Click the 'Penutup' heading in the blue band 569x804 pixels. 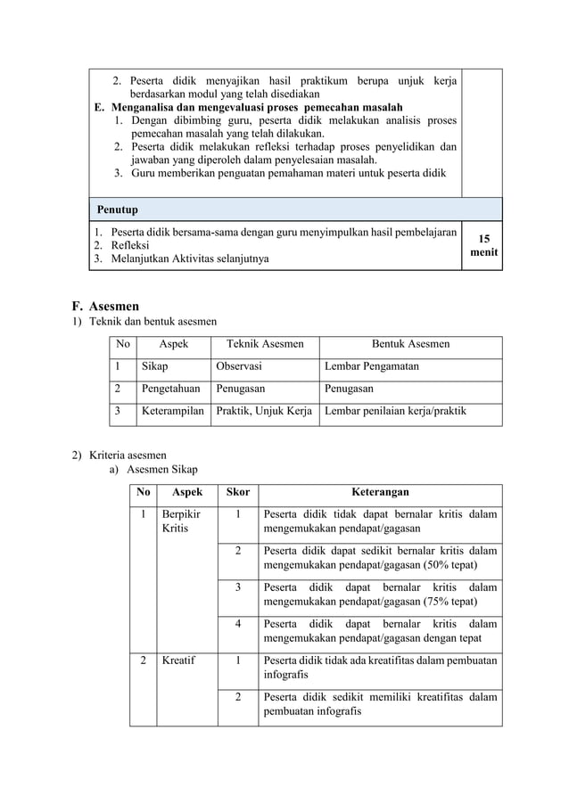point(117,210)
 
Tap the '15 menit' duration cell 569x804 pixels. point(484,246)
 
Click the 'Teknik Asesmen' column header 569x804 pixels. point(265,343)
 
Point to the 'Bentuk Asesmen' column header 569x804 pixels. point(410,343)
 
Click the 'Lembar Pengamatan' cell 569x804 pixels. point(372,365)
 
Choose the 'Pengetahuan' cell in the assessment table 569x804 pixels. point(171,389)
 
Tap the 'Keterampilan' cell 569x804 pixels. point(172,412)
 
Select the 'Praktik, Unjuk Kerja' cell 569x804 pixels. point(265,412)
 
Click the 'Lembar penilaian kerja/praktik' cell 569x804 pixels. point(395,412)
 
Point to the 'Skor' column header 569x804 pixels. point(238,492)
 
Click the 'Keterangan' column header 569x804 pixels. point(380,492)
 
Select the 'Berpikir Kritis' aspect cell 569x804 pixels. point(180,521)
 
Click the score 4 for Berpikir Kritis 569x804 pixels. point(238,624)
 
